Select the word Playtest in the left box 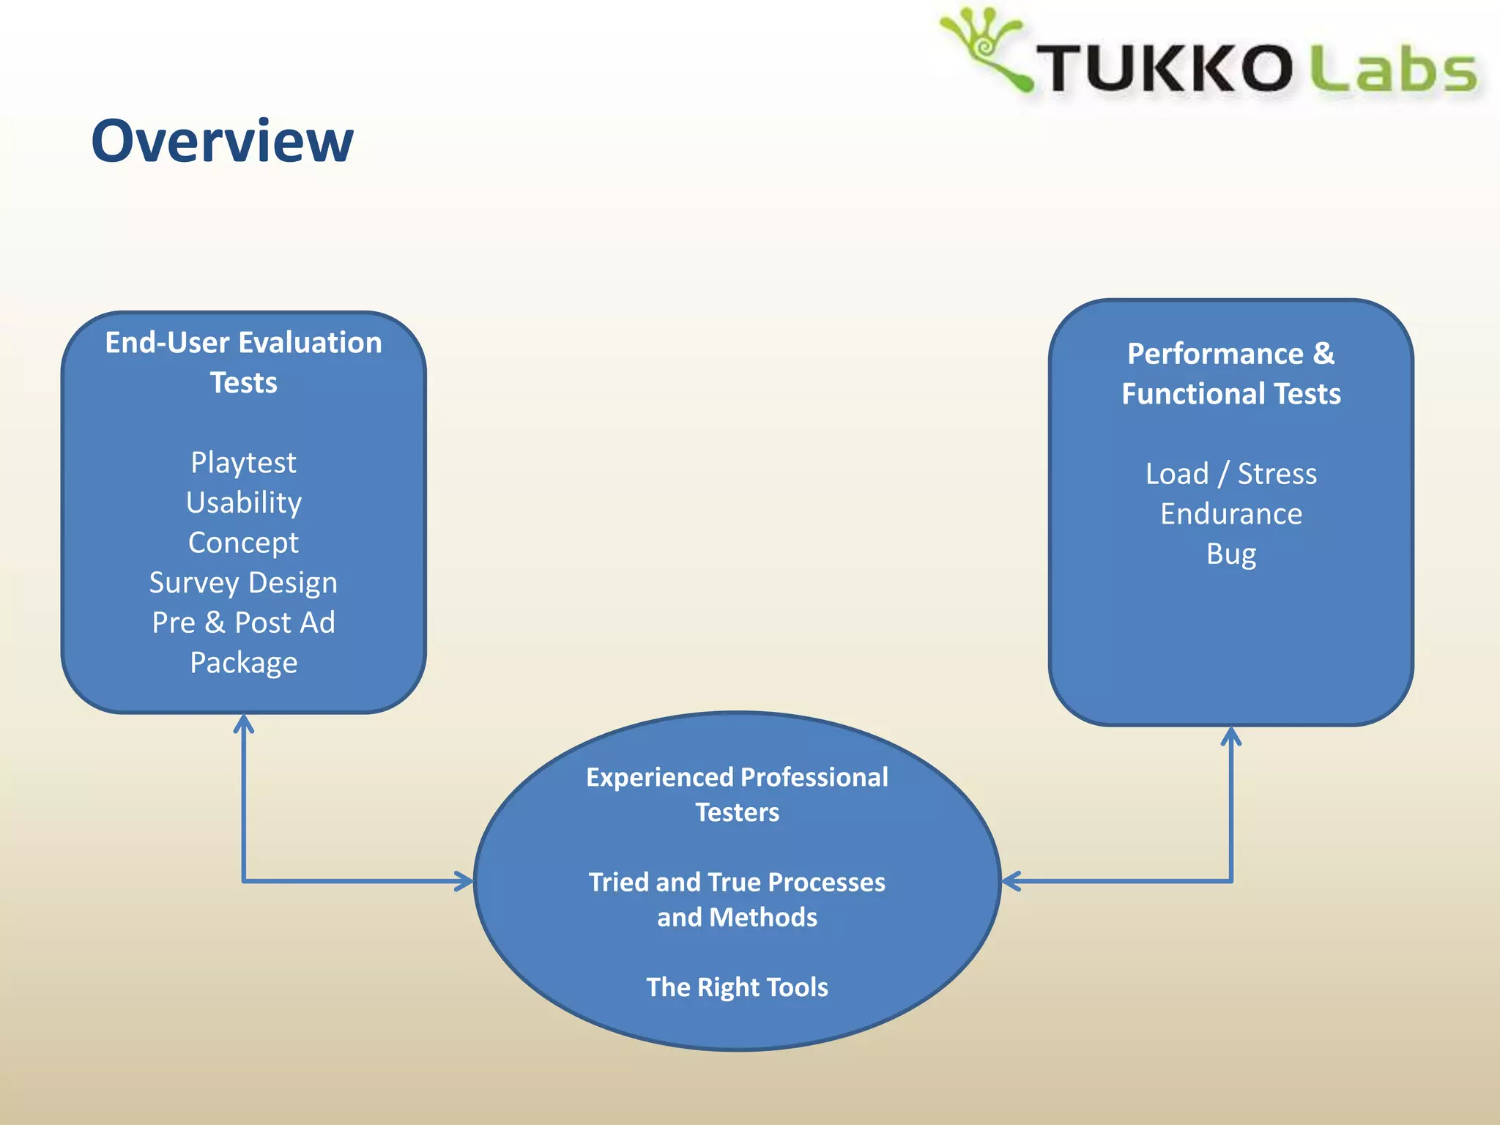coord(243,462)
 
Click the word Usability coord(243,502)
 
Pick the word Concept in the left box coord(243,543)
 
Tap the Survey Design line coord(243,582)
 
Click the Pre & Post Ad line coord(243,623)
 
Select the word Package coord(243,663)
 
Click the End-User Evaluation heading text coord(243,343)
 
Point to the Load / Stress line coord(1230,474)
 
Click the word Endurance coord(1230,514)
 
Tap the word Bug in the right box coord(1230,554)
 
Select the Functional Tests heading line coord(1230,394)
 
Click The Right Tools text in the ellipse coord(737,987)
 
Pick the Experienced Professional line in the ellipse coord(737,777)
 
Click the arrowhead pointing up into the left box coord(243,723)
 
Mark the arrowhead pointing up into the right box coord(1231,735)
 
